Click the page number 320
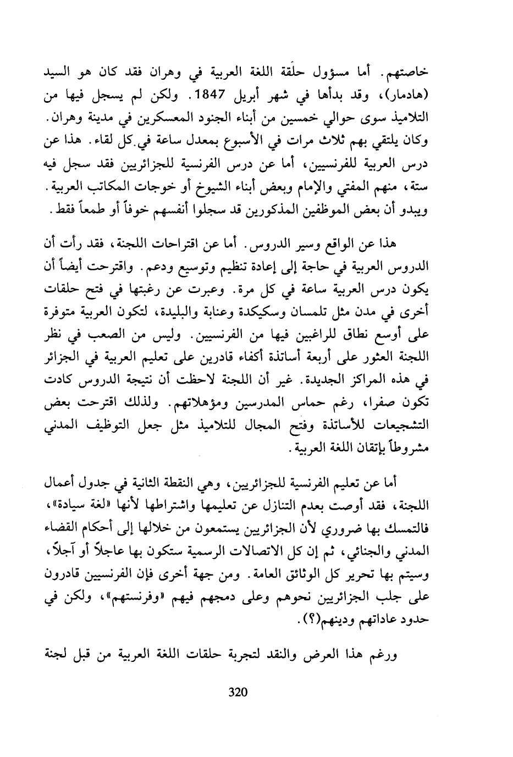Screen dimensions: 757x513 [238, 692]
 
